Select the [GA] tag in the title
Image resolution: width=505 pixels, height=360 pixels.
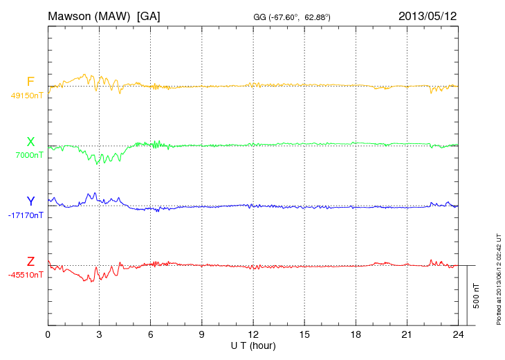click(149, 15)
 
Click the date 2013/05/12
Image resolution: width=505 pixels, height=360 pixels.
click(428, 15)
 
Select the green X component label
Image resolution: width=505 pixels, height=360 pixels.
click(30, 143)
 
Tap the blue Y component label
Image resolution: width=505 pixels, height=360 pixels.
click(30, 201)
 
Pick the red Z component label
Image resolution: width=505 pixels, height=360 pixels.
click(30, 262)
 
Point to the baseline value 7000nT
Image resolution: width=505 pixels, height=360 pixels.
click(29, 155)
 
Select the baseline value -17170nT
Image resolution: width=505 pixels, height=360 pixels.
click(26, 215)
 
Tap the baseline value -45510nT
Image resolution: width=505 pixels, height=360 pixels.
click(26, 275)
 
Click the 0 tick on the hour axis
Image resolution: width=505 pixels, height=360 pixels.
click(48, 334)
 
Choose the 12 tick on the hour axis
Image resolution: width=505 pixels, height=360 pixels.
click(253, 334)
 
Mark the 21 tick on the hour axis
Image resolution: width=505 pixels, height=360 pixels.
click(407, 334)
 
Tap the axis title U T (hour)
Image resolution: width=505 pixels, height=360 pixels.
click(253, 345)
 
